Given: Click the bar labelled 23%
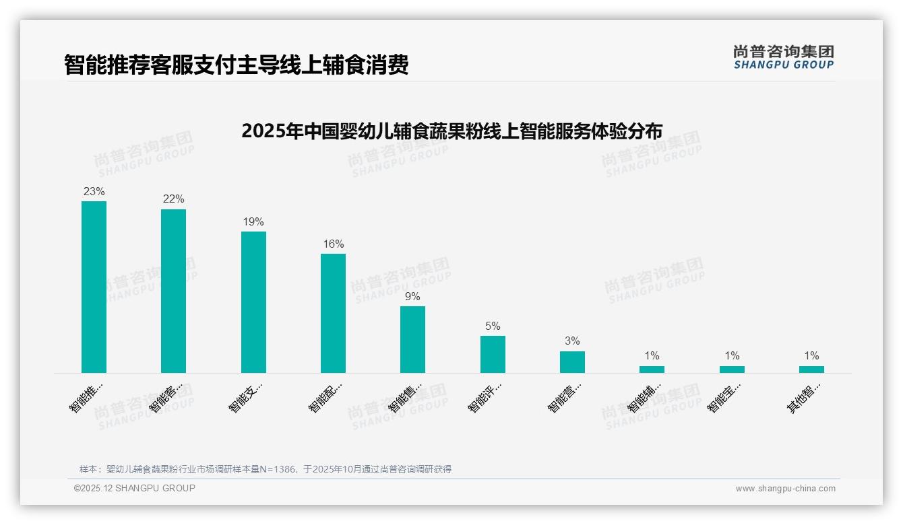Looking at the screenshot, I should coord(94,287).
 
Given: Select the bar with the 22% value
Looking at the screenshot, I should coord(173,291).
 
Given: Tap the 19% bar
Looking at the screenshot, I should coord(253,302).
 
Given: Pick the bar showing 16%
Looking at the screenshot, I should coord(333,313).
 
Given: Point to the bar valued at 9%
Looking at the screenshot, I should coord(412,339).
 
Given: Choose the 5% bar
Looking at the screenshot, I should coord(493,354).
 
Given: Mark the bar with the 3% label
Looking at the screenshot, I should coord(572,361).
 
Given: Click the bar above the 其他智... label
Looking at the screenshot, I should coord(811,370).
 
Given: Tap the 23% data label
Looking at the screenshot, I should coord(94,192).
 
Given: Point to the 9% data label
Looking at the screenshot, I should coord(412,297).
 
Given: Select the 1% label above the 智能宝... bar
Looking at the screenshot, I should coord(732,356).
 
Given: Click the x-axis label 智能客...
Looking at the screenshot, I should coord(166,397).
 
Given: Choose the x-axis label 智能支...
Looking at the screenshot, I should coord(245,397).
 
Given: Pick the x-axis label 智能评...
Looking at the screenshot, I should coord(485,397).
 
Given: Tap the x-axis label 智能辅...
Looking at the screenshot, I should coord(644,397).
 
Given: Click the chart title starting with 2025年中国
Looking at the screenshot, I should coord(452,131).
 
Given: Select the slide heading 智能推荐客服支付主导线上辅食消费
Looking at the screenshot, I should coord(237,65).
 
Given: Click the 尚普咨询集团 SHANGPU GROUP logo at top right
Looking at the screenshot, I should coord(783,57).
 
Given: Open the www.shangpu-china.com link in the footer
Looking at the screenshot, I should coord(785,489).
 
